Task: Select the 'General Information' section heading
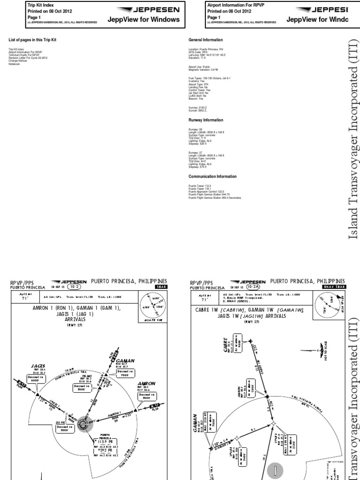click(205, 40)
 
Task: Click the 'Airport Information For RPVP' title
click(232, 4)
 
